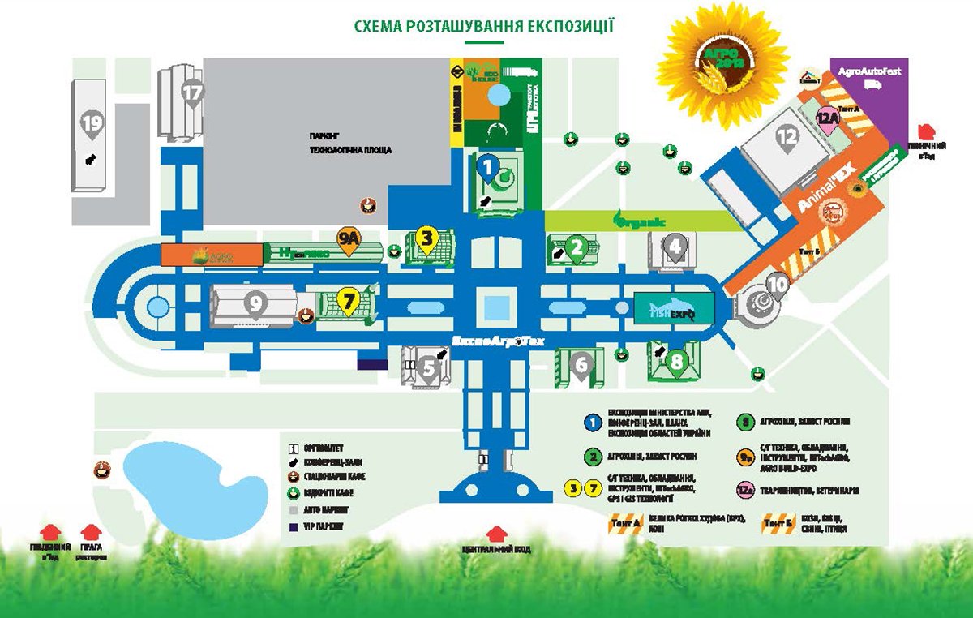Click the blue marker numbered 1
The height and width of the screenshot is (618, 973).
[486, 168]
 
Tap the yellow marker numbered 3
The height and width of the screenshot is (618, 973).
[428, 238]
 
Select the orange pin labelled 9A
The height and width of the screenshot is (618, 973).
[349, 240]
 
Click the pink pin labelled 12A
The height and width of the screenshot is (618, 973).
[828, 120]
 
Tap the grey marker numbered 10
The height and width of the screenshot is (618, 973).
[777, 285]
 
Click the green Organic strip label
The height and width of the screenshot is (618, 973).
[641, 220]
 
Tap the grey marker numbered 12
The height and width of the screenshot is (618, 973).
[786, 138]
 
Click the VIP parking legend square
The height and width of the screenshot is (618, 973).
[294, 526]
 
